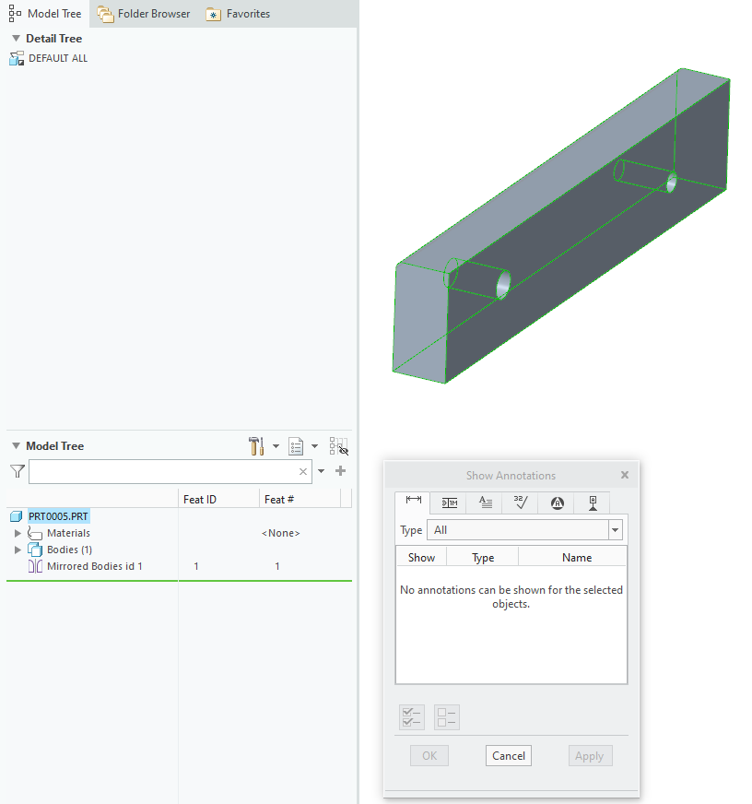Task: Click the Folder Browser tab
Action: (x=144, y=14)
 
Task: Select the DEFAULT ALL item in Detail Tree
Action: (x=57, y=58)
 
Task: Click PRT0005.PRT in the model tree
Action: (x=58, y=516)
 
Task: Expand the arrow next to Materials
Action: (x=18, y=533)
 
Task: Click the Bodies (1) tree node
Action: (x=69, y=550)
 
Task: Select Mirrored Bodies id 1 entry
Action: (x=94, y=566)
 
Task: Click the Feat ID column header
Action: (x=200, y=500)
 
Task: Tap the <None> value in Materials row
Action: (x=280, y=533)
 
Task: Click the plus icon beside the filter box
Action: (x=340, y=471)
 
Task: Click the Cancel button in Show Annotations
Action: (x=509, y=756)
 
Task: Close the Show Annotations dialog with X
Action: (x=624, y=475)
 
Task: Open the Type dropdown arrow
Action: (x=616, y=530)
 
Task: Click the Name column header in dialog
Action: (x=576, y=558)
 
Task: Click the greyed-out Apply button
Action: (x=589, y=756)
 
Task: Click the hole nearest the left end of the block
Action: (x=503, y=285)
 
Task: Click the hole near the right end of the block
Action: (x=672, y=182)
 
